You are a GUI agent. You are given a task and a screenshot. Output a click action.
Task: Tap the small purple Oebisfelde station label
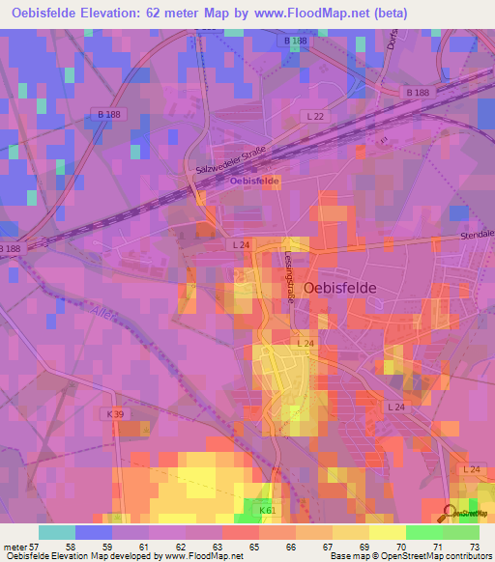point(254,181)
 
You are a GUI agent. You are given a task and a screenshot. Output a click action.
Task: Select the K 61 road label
point(268,510)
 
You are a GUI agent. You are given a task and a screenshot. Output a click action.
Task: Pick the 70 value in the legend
point(406,548)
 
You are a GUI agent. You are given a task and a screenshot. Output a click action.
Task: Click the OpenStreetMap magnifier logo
point(451,513)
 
